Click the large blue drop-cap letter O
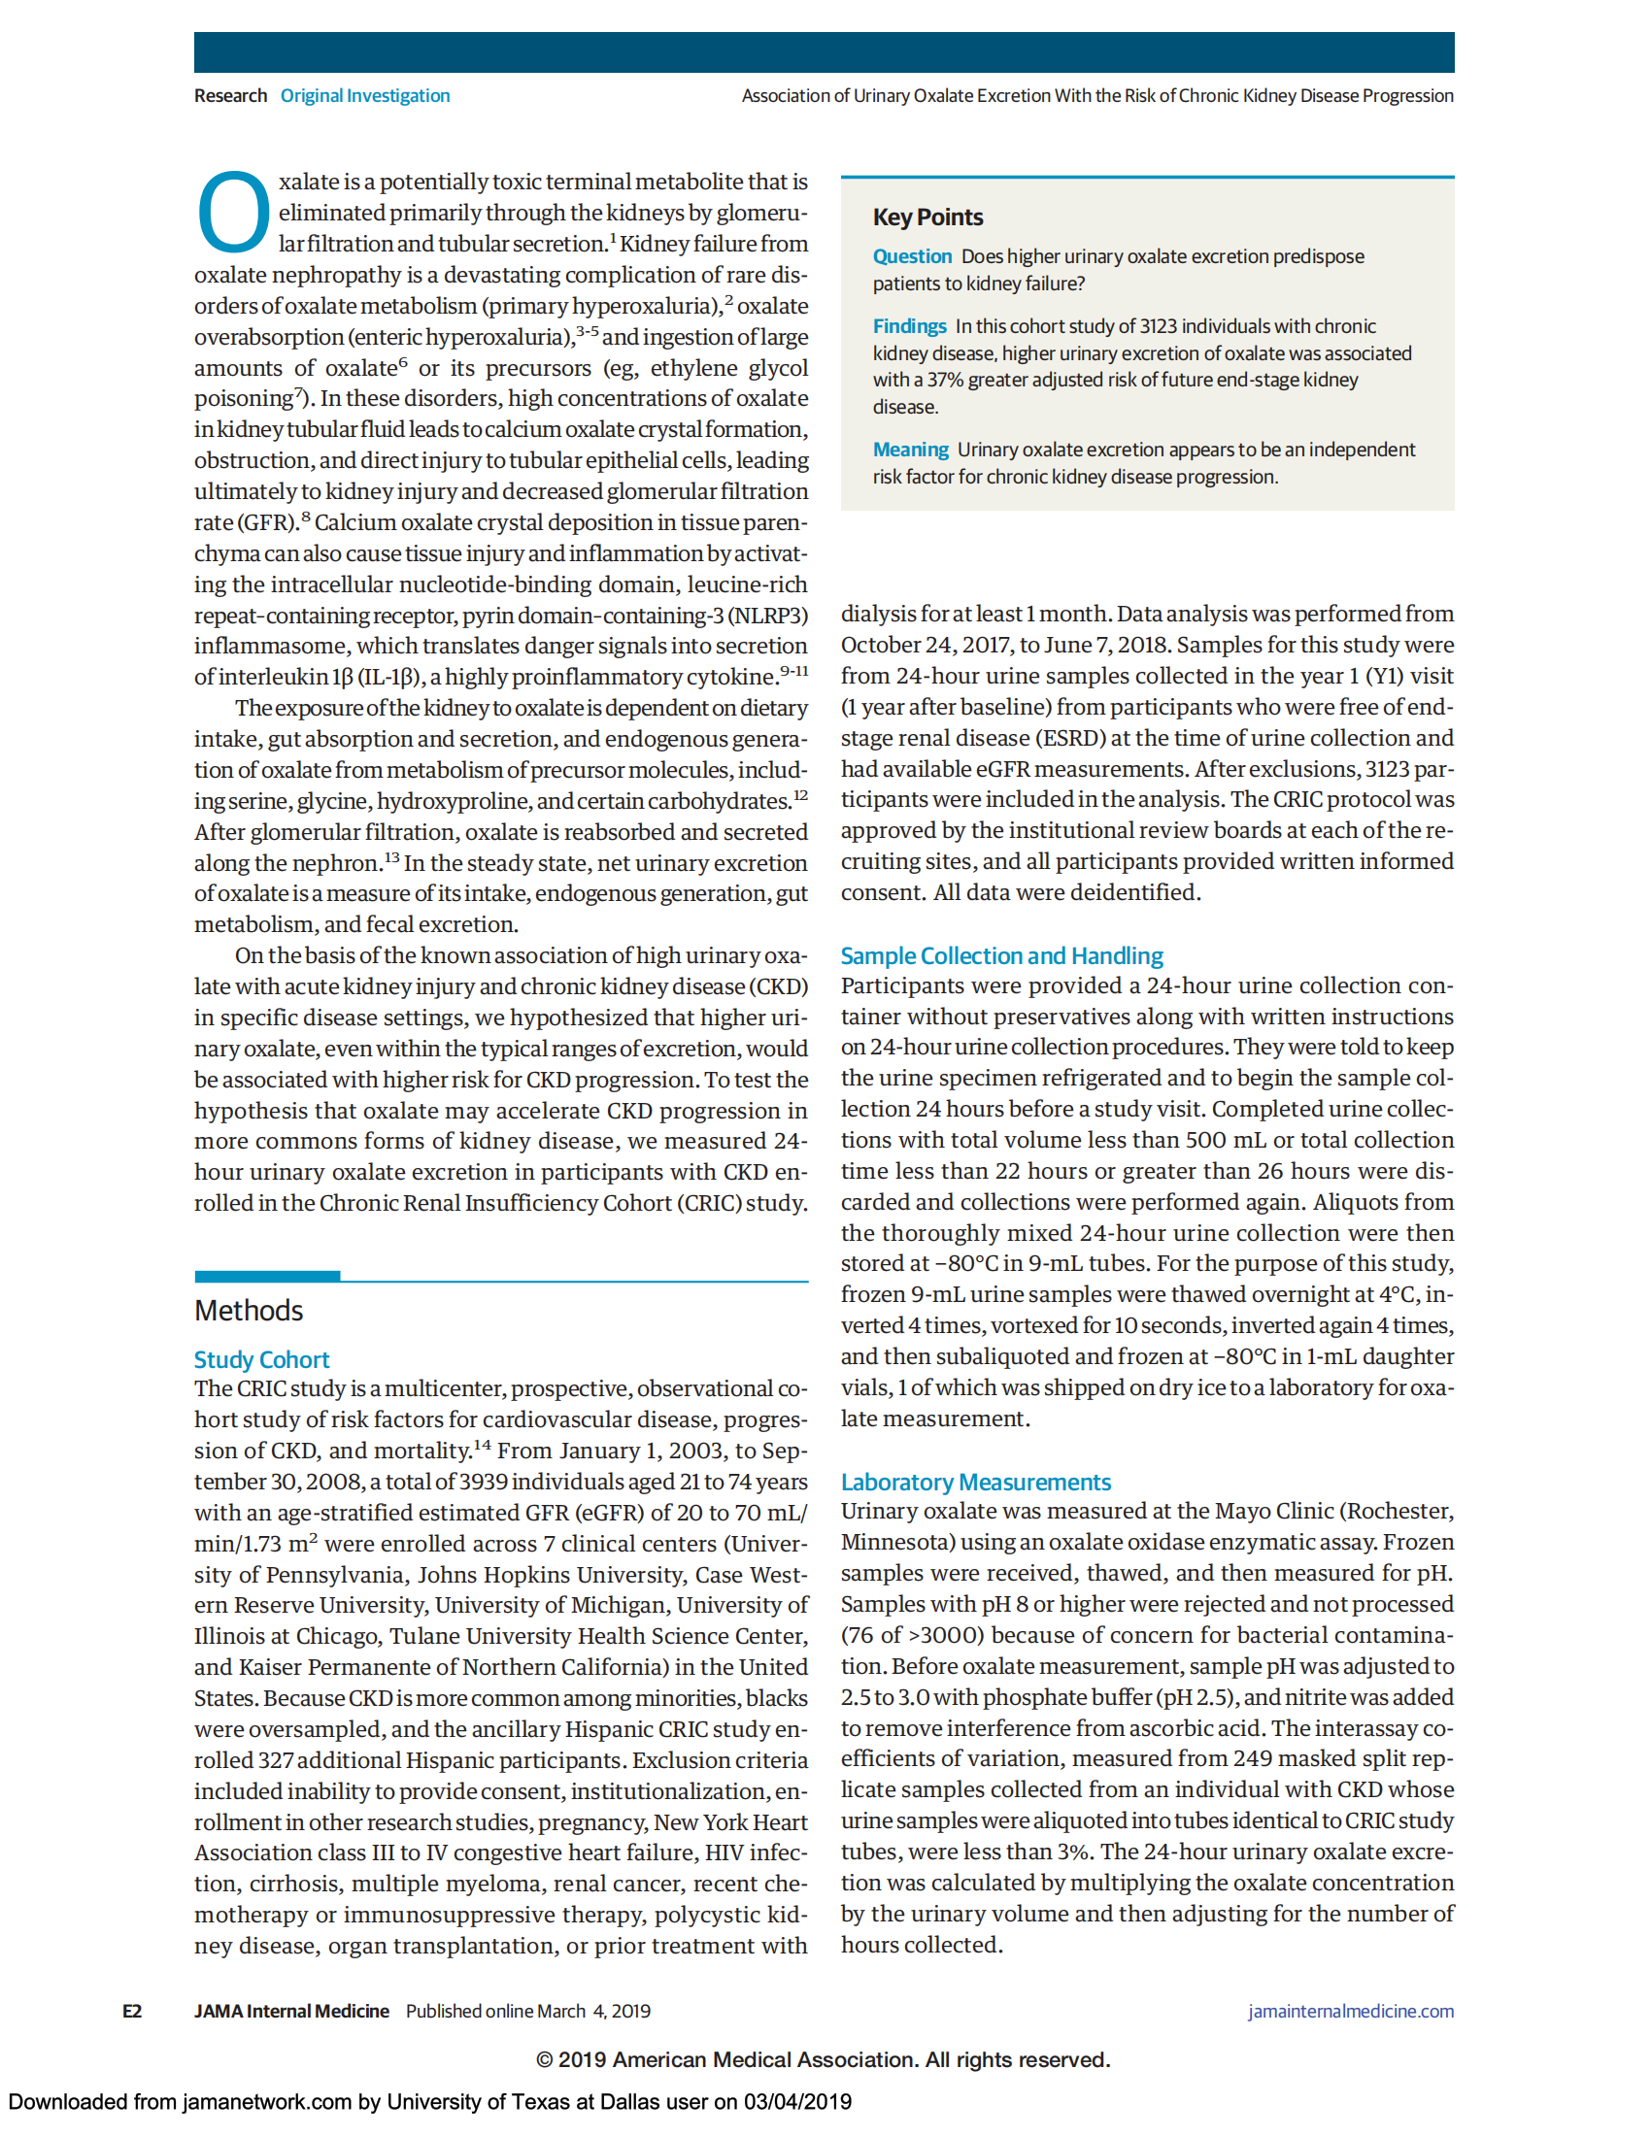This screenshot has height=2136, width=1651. point(233,213)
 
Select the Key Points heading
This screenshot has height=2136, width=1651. point(927,217)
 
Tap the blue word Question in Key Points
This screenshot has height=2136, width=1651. point(912,256)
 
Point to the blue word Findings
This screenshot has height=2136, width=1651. point(909,325)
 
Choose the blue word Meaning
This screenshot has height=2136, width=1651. point(910,449)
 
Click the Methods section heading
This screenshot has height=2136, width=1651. point(249,1311)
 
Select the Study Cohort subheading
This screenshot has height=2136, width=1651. point(261,1359)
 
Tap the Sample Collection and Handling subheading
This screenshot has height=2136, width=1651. point(1001,955)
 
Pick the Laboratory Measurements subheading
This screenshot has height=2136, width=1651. point(975,1482)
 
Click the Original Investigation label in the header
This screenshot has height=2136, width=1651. point(365,96)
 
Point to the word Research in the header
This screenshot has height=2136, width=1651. point(230,96)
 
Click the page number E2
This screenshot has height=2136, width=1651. point(132,2011)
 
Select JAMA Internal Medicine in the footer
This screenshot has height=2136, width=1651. point(290,2011)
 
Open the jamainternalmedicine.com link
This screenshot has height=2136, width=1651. point(1350,2011)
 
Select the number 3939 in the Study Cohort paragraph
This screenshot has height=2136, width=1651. point(484,1482)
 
